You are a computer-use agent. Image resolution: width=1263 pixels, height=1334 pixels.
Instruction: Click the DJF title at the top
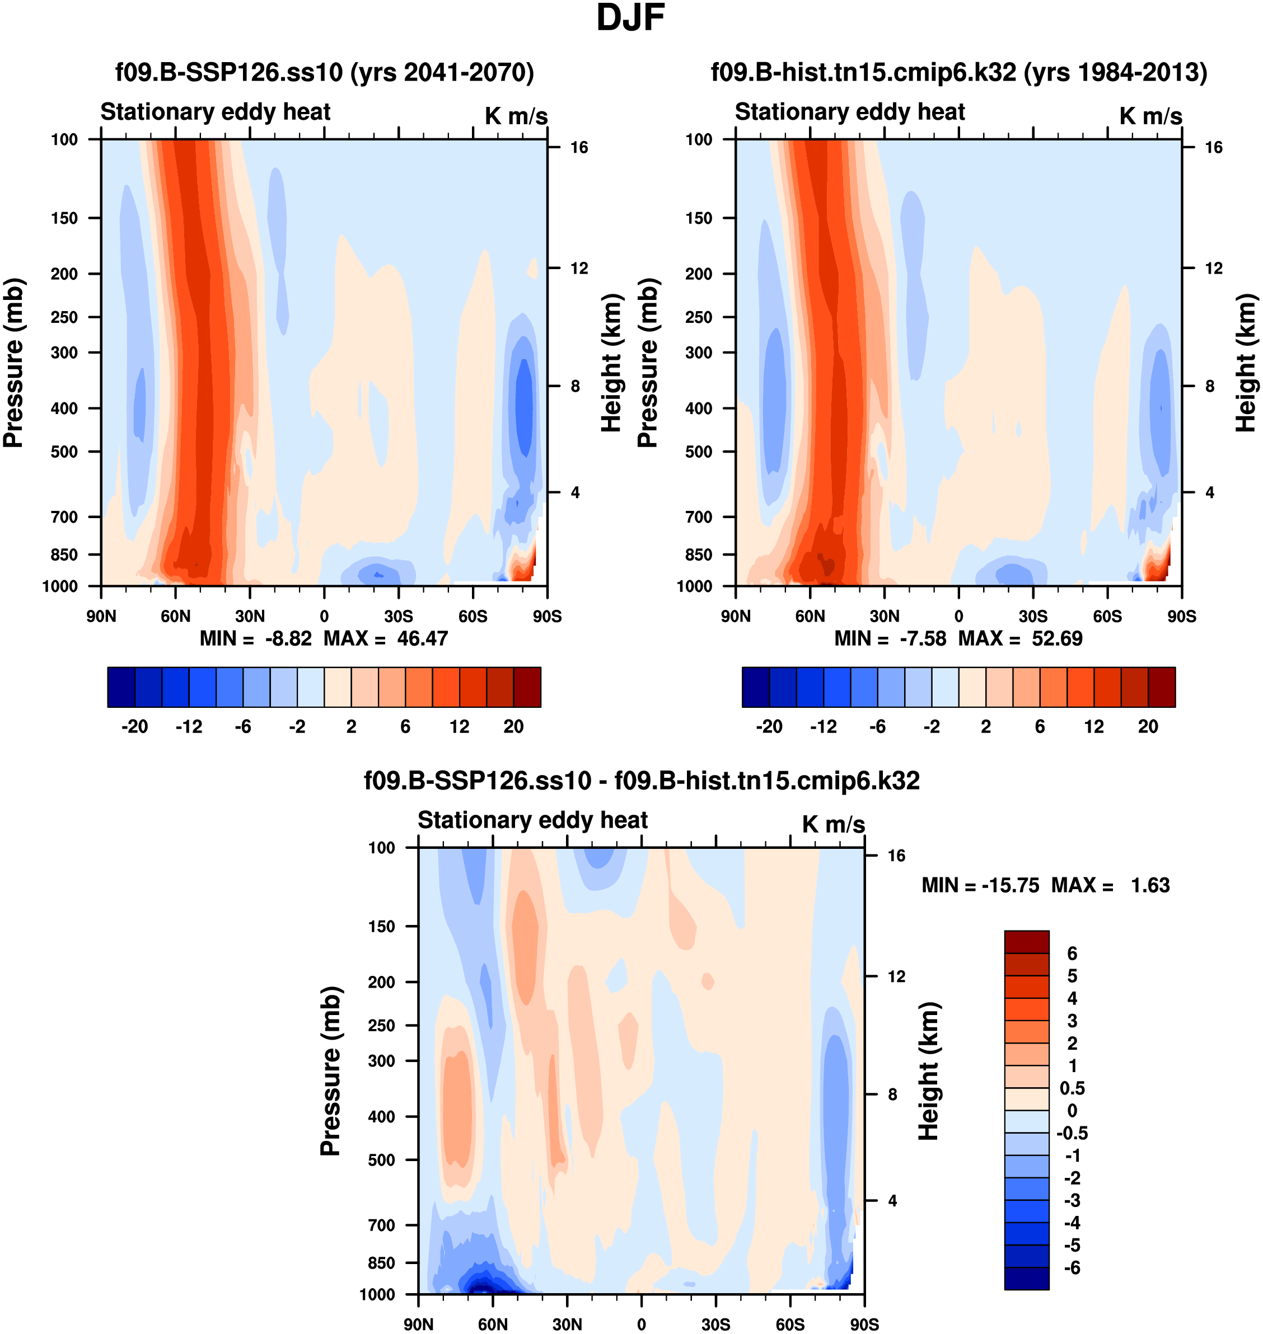coord(630,18)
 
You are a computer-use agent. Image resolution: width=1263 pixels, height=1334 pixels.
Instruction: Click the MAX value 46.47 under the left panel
coord(422,638)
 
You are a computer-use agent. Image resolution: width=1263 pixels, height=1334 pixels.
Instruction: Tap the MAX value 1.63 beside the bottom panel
coord(1150,885)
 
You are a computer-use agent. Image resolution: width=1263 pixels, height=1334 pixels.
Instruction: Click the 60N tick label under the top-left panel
coord(175,616)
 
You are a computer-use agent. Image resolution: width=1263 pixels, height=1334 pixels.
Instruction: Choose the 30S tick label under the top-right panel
coord(1033,616)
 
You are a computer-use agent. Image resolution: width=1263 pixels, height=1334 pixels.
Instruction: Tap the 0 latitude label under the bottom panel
coord(641,1324)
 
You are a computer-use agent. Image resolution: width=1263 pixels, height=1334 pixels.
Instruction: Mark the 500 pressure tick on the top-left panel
coord(64,452)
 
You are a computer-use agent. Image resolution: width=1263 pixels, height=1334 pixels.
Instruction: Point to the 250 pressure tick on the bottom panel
coord(381,1025)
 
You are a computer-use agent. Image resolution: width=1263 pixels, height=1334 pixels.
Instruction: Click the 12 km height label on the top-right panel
coord(1213,268)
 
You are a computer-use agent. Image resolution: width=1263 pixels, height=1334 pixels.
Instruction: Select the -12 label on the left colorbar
coord(189,726)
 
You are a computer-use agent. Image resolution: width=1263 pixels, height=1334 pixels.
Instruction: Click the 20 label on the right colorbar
coord(1148,726)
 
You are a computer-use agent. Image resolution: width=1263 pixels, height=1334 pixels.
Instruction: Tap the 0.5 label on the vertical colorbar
coord(1072,1088)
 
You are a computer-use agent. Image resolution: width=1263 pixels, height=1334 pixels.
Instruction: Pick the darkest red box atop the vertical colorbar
coord(1026,942)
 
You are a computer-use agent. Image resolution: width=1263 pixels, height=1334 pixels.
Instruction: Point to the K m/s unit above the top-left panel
coord(516,116)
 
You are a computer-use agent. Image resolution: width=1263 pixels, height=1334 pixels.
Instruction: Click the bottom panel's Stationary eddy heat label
coord(532,820)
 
